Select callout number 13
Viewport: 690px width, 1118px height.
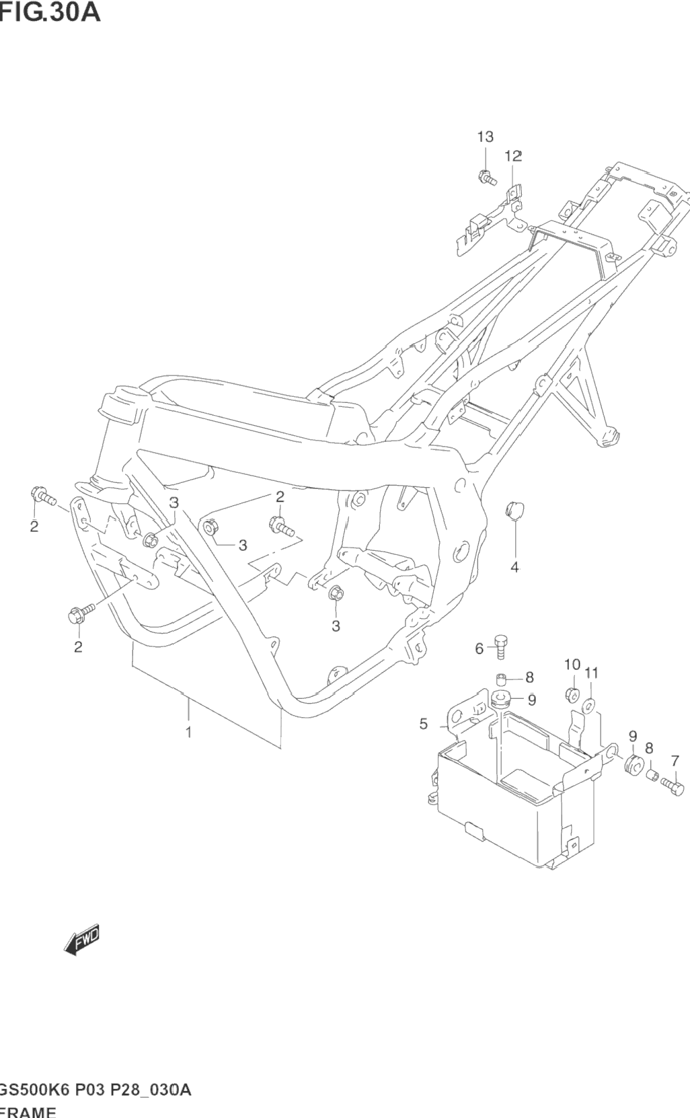click(485, 137)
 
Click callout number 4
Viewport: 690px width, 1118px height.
click(514, 567)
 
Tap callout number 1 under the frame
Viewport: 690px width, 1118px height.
click(189, 732)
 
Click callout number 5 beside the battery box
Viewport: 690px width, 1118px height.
click(424, 724)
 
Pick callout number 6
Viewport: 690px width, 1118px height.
click(480, 648)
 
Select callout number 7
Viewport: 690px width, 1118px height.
click(675, 761)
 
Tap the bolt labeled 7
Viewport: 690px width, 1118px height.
click(672, 785)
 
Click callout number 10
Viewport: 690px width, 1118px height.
click(572, 665)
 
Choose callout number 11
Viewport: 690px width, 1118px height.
click(591, 673)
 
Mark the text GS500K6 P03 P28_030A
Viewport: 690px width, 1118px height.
click(95, 1090)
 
